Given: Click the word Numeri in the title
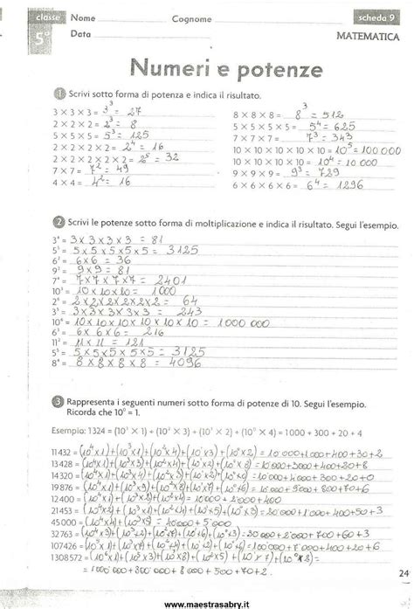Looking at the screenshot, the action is point(169,68).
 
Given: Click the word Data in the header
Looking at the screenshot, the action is point(80,34).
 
